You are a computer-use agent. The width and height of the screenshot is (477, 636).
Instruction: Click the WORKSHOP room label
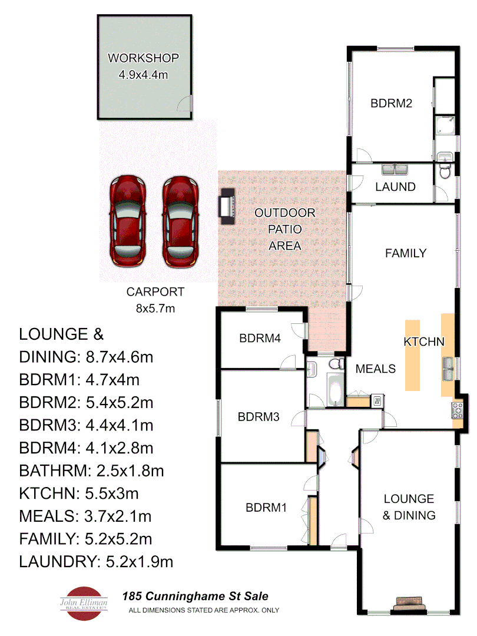143,58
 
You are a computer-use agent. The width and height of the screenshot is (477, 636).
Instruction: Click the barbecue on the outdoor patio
227,206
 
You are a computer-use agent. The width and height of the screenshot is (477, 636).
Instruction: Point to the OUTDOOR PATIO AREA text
284,229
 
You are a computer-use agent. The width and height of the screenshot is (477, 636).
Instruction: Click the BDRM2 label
390,103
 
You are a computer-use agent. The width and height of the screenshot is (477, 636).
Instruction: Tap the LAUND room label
395,187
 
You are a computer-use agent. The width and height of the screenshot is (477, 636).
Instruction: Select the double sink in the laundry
395,170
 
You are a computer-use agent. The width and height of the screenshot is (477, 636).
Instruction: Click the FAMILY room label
405,253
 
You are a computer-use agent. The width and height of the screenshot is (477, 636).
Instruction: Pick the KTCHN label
423,342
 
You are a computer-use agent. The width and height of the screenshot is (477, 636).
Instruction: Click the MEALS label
375,369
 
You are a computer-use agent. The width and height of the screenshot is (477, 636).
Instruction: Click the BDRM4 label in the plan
259,339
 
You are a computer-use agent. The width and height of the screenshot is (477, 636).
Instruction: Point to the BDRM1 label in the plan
266,507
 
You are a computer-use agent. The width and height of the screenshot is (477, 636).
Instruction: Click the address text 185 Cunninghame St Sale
194,597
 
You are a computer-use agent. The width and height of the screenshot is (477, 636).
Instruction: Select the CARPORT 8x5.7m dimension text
155,299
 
